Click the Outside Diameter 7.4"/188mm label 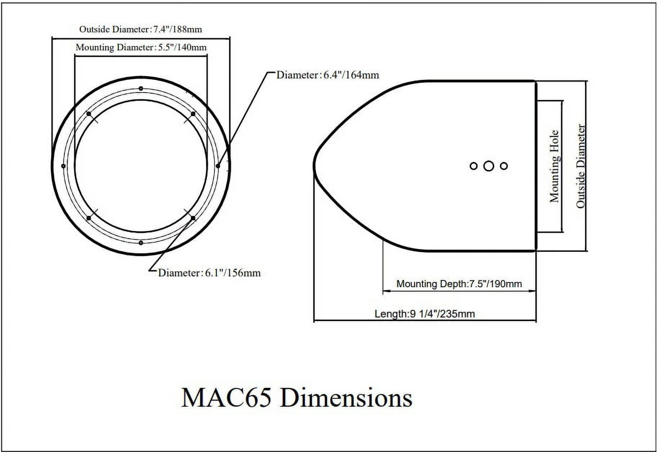[x=140, y=29]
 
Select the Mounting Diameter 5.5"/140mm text [x=141, y=47]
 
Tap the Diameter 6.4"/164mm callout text [x=328, y=75]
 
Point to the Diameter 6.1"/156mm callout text [x=209, y=273]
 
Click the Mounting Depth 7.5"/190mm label [x=459, y=284]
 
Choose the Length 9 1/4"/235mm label [x=425, y=314]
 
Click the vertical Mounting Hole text [x=554, y=166]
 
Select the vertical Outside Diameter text [x=580, y=166]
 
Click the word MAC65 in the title [x=226, y=398]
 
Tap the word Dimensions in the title [x=346, y=398]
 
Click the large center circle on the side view [x=488, y=166]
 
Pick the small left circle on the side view [x=474, y=166]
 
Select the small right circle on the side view [x=504, y=166]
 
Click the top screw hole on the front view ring [x=141, y=89]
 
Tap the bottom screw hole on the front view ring [x=141, y=243]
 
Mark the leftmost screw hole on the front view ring [x=64, y=166]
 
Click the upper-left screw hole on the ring [x=89, y=114]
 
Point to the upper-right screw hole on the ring [x=193, y=114]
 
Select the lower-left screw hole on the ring [x=89, y=218]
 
